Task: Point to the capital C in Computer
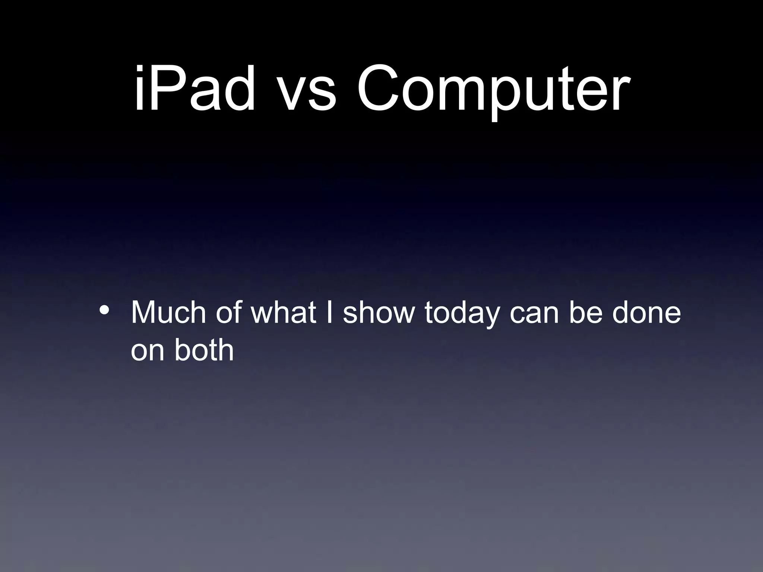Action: tap(379, 89)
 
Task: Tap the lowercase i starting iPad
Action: tap(139, 89)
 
